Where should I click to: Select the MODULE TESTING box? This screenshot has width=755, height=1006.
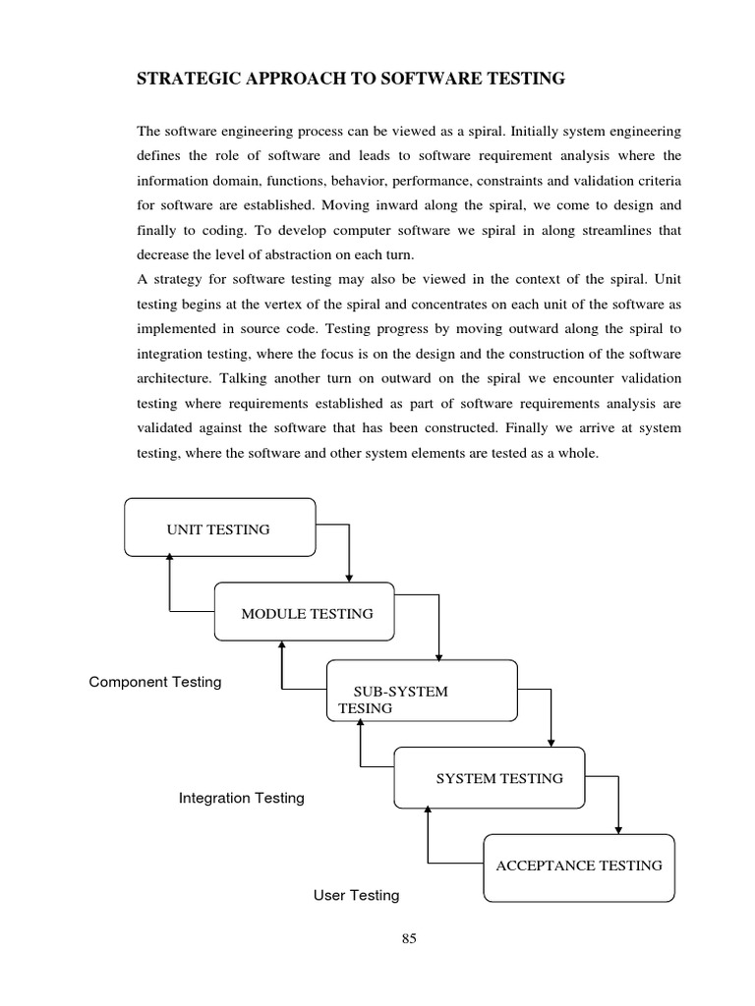[x=305, y=613]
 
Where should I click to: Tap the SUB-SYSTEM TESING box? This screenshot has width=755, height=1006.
[x=422, y=692]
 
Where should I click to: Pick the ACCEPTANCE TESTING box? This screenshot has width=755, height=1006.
[x=579, y=866]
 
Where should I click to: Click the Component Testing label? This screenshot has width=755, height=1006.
[x=155, y=682]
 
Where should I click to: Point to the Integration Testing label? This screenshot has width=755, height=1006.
[x=241, y=798]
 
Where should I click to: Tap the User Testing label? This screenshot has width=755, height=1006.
[x=356, y=895]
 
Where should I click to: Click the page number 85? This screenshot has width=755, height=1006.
[x=410, y=938]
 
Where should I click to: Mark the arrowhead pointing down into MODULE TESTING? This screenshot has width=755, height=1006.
[x=350, y=577]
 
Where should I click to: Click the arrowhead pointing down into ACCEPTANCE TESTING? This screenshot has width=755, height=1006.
[x=617, y=829]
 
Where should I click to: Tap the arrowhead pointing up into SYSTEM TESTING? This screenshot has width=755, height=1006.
[x=428, y=810]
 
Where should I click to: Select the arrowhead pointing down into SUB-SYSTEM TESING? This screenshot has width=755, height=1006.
[x=438, y=654]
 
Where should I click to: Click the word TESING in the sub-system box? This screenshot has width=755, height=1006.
[x=365, y=707]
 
